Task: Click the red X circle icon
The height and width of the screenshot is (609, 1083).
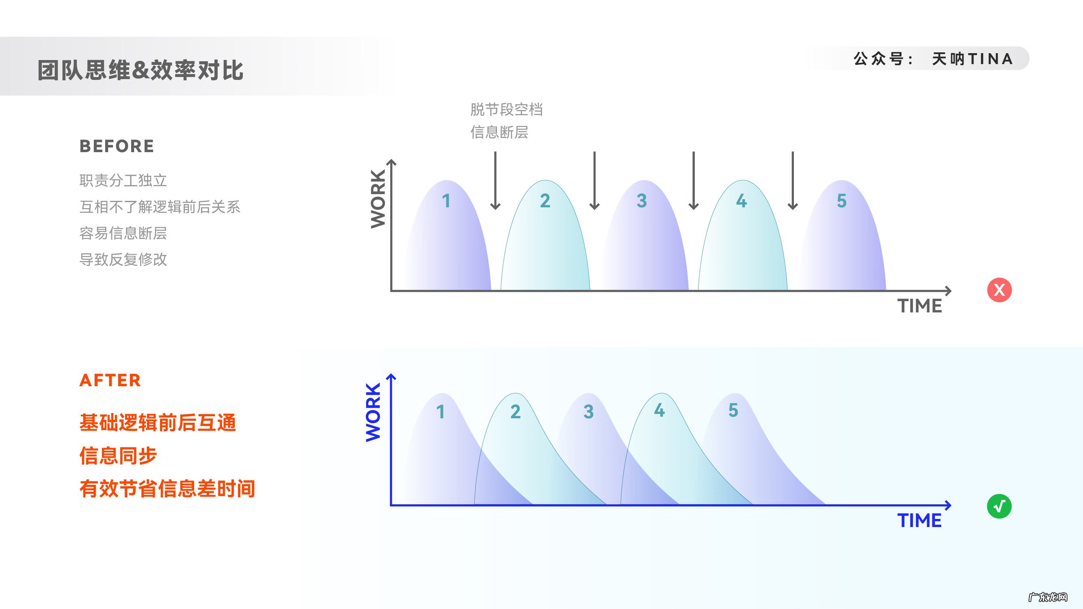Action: [x=999, y=290]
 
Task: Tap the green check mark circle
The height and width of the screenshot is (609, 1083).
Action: [x=999, y=506]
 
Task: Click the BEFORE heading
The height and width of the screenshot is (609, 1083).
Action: [x=117, y=146]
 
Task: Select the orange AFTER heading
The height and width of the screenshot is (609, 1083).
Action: [x=110, y=380]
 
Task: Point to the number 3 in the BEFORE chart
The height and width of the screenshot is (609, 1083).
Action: [x=642, y=201]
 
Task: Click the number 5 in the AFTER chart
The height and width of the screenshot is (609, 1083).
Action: [x=733, y=410]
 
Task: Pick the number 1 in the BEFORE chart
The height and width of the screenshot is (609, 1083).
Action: [x=446, y=201]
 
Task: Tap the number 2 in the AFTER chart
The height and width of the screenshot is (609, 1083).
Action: [x=515, y=411]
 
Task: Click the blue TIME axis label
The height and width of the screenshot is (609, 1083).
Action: [x=919, y=521]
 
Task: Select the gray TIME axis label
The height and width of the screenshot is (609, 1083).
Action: [x=919, y=306]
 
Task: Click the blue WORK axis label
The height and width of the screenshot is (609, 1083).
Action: [x=373, y=412]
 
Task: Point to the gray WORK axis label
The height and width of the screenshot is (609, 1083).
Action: [x=378, y=199]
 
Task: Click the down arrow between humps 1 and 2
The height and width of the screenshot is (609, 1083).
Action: [x=495, y=181]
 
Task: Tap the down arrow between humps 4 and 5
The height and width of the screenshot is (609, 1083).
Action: [x=793, y=181]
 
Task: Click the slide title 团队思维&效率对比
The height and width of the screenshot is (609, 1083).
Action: [x=141, y=70]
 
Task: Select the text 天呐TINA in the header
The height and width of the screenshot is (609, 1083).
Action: [x=972, y=59]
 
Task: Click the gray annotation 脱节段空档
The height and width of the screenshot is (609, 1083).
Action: [x=506, y=110]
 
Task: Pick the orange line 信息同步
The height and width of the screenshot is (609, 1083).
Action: [x=118, y=456]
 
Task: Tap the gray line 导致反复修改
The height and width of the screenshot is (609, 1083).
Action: [x=123, y=260]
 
